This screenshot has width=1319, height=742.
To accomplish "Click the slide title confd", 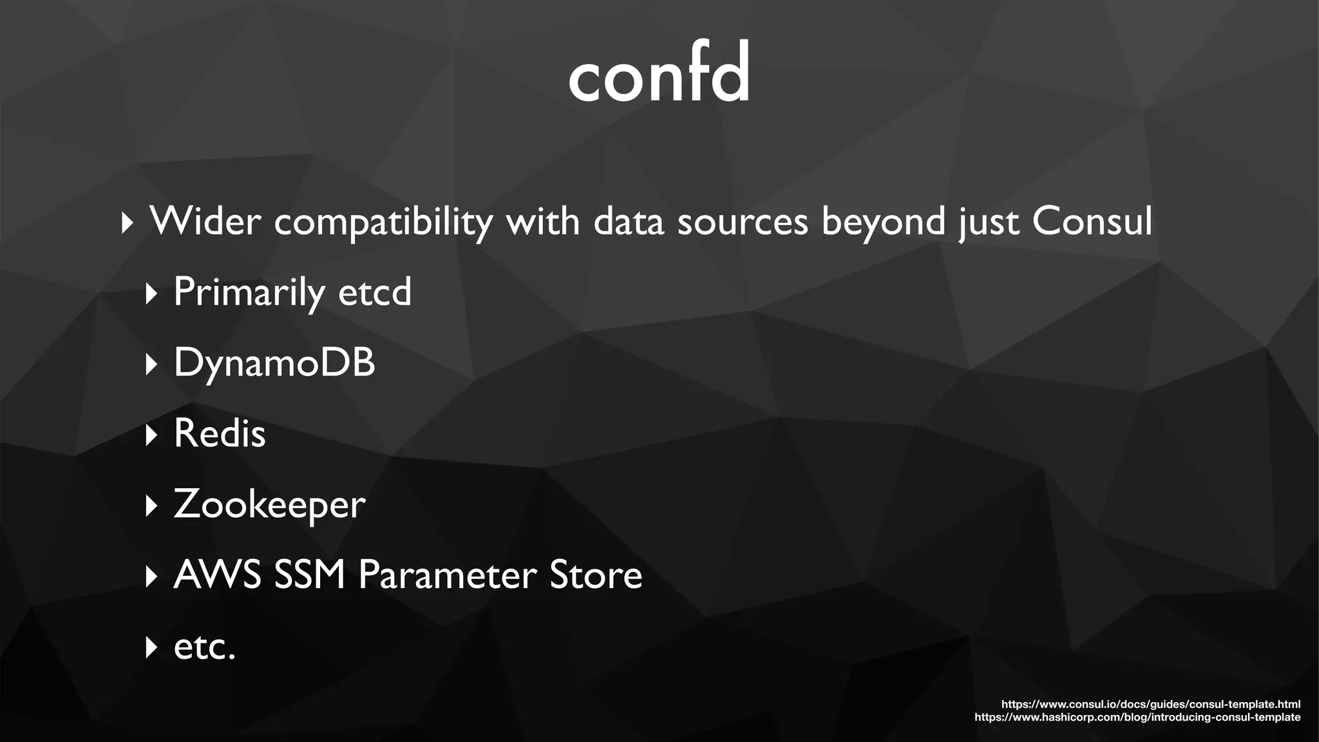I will (659, 72).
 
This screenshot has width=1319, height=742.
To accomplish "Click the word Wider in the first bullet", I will (205, 222).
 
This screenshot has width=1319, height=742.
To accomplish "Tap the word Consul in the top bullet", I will (1092, 222).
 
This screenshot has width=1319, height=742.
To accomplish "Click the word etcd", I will (374, 292).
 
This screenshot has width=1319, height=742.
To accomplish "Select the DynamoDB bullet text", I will (274, 362).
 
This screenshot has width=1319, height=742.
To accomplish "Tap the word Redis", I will (220, 433).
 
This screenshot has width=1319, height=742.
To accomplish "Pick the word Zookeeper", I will (269, 504).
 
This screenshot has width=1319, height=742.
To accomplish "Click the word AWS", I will (217, 575).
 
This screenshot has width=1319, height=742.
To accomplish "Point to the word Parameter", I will (447, 575).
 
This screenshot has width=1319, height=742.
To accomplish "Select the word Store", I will (596, 575).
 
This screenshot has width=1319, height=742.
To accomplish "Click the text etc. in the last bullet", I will (205, 646).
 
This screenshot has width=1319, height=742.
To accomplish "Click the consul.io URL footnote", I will (1150, 704).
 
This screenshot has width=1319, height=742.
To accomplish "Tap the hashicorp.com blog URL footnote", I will (1137, 717).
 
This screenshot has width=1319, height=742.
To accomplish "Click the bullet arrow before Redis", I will (151, 435).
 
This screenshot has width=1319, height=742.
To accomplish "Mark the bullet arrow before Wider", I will (128, 224).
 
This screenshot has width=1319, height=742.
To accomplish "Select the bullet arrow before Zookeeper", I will (151, 506).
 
